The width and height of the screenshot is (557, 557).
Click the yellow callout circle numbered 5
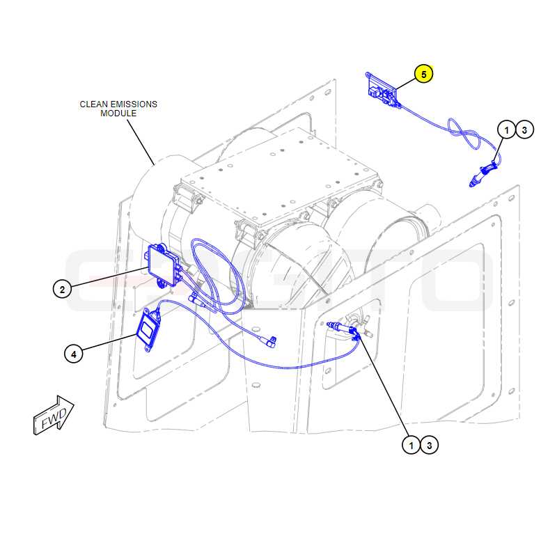point(423,74)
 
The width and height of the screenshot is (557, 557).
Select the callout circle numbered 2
point(63,289)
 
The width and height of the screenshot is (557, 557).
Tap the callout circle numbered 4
point(74,354)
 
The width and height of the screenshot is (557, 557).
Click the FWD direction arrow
point(54,416)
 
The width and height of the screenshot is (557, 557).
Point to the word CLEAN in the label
point(93,104)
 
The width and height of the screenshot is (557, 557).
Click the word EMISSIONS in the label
point(134,104)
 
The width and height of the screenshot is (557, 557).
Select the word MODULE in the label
point(118,113)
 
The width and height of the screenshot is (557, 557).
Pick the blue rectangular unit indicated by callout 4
point(148,329)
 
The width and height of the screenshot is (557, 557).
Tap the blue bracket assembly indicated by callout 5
point(383,91)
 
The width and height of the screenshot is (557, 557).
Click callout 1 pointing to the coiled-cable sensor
point(507,130)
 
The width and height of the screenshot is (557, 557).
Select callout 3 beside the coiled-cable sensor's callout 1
point(524,130)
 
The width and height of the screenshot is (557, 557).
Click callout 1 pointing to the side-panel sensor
point(411,445)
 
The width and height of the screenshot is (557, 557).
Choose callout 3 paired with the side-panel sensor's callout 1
point(429,445)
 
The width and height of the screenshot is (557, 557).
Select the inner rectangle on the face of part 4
point(147,330)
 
